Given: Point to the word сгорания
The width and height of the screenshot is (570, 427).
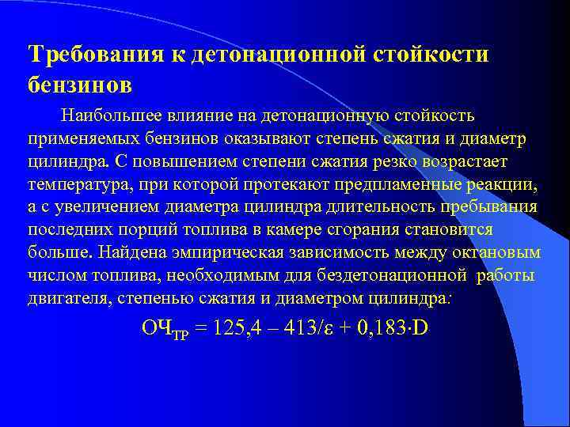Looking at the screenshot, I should pyautogui.click(x=376, y=230).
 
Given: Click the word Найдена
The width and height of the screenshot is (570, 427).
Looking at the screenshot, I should pyautogui.click(x=128, y=253).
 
